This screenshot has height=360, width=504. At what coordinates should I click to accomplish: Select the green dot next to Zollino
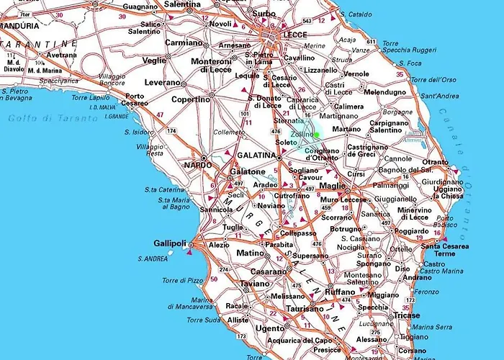tap(316, 135)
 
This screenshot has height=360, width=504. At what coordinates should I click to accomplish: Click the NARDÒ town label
tap(198, 165)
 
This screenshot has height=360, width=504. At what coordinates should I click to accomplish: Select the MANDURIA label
tap(21, 25)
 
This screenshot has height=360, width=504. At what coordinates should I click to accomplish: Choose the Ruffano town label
tap(340, 292)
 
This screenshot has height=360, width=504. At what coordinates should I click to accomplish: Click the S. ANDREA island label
tap(153, 258)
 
